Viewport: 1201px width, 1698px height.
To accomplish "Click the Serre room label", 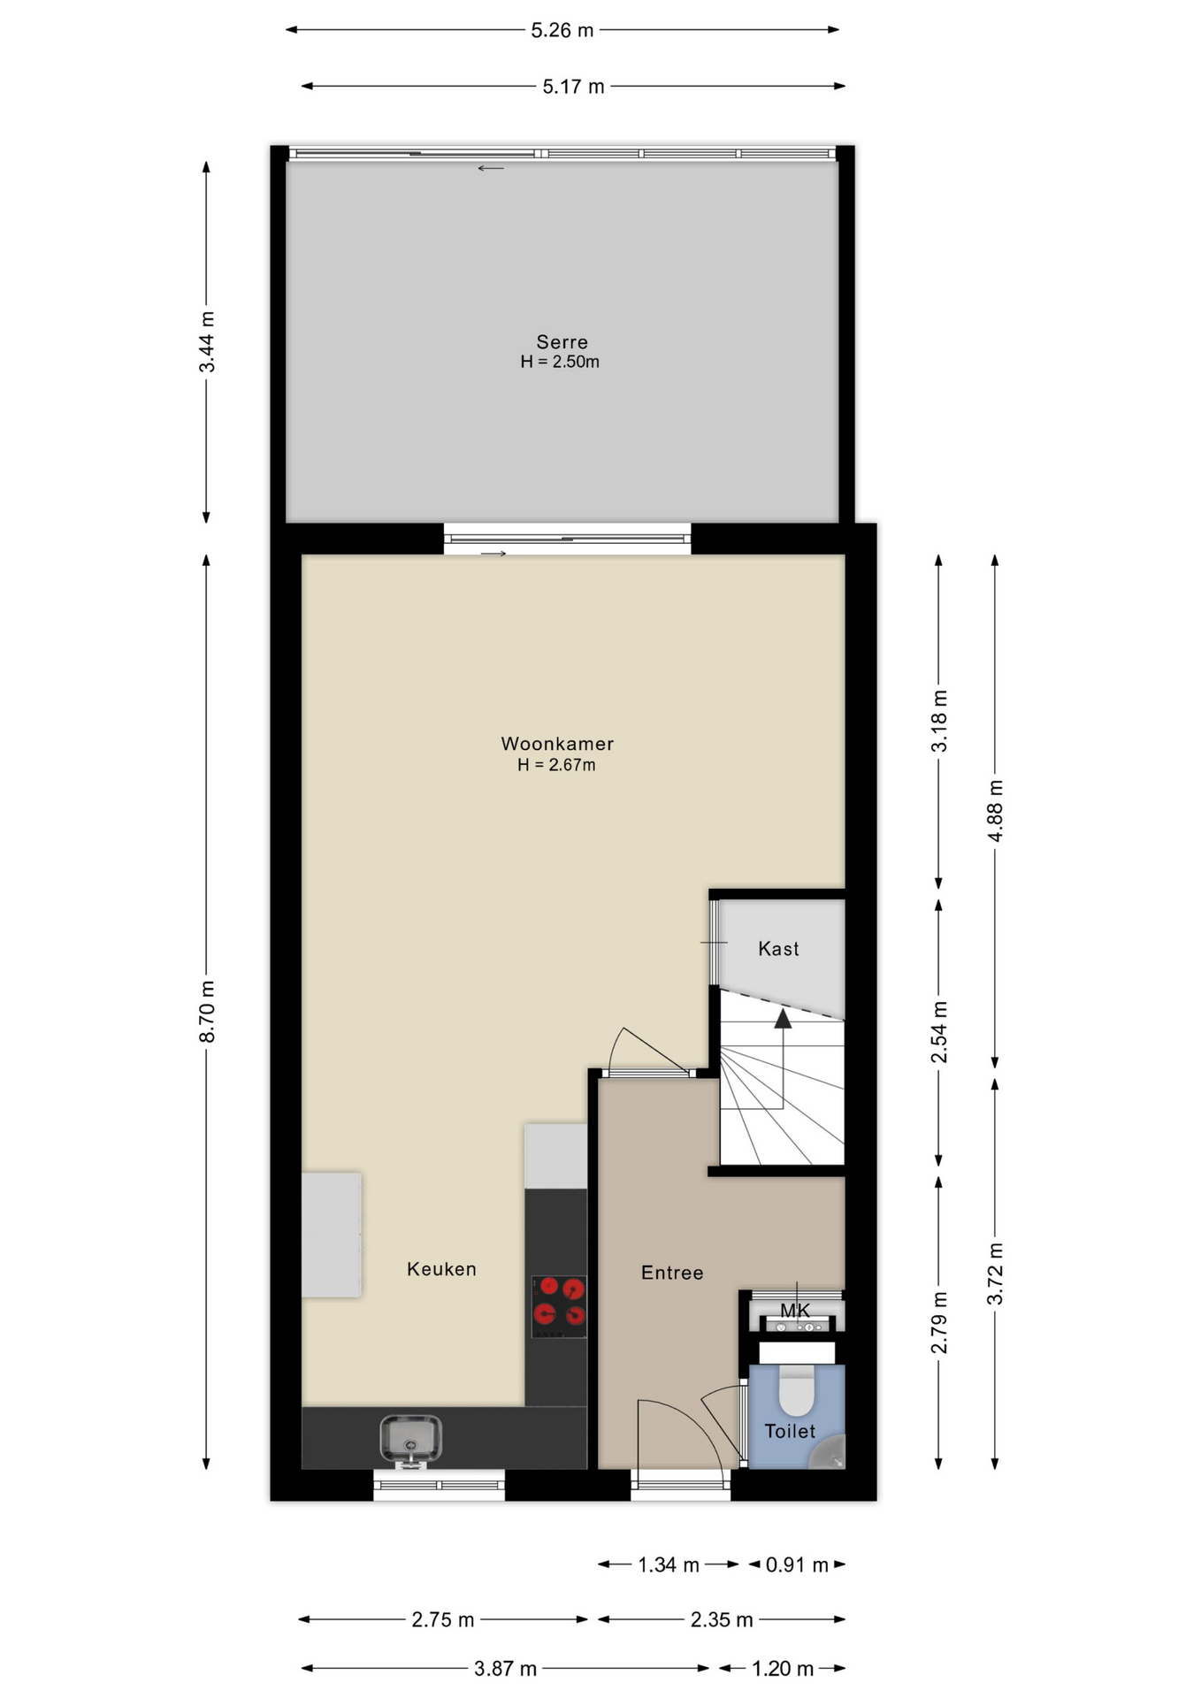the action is coord(562,342).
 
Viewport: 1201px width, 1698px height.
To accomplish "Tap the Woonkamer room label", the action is coord(557,744).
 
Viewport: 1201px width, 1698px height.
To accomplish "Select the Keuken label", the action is coord(441,1269).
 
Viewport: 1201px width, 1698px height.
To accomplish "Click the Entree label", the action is coord(672,1273).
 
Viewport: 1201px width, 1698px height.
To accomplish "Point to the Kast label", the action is coord(778,949).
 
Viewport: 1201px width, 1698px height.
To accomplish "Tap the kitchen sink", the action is coord(410,1438).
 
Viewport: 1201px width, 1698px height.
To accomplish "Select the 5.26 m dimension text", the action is coord(562,31).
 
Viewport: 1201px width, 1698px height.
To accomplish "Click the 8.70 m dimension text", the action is coord(207,1012).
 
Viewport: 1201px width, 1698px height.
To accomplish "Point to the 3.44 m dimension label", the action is coord(207,342).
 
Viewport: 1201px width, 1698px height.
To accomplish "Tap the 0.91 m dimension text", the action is coord(797,1565).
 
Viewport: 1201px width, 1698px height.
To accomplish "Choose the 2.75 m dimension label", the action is coord(443,1620).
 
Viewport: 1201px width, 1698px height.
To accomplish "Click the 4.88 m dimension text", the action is coord(996,811).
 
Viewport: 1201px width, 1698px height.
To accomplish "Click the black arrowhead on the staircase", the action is coord(783,1019).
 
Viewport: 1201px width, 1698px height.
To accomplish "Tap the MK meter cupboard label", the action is coord(795,1311).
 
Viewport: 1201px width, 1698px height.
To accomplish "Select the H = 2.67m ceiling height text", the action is coord(556,765).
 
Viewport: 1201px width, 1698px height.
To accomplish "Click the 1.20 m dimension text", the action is coord(783,1669).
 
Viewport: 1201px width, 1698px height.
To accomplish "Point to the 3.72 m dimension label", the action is coord(996,1273).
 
